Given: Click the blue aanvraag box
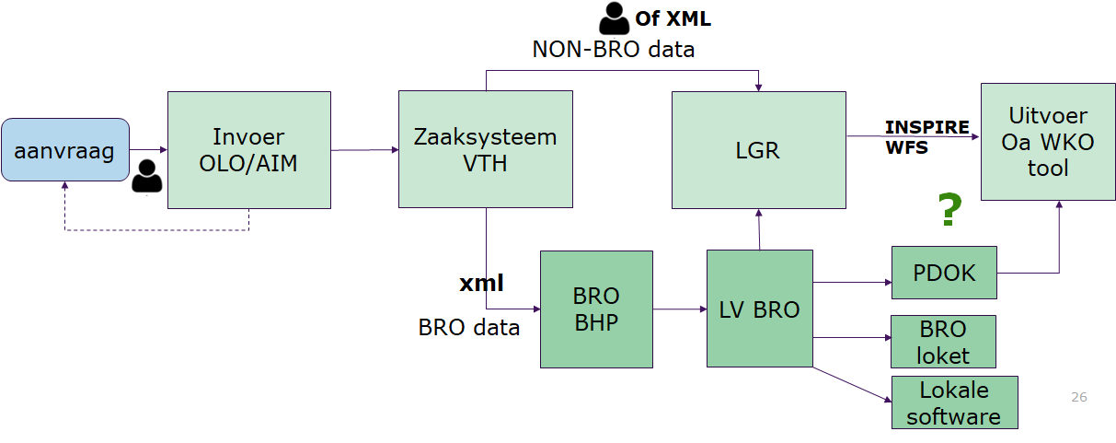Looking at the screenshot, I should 64,149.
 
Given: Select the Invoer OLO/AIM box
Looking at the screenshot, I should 248,149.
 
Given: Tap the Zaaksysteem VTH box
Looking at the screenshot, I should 485,149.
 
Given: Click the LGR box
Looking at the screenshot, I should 758,149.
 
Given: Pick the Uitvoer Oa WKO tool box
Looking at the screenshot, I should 1047,141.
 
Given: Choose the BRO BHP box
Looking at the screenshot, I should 595,309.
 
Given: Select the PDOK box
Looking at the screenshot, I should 944,273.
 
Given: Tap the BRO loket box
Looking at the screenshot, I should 943,342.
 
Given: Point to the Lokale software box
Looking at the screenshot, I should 953,402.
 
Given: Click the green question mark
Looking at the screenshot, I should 949,211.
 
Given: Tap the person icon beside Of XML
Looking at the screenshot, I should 614,18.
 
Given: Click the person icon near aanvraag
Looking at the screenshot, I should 146,177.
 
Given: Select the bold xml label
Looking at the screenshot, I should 481,283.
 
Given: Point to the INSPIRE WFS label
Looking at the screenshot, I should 926,136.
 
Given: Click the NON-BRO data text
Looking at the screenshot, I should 613,49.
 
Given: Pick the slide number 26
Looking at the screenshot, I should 1079,397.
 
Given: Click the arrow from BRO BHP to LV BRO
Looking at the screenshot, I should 679,309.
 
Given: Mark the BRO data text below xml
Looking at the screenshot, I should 468,327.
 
